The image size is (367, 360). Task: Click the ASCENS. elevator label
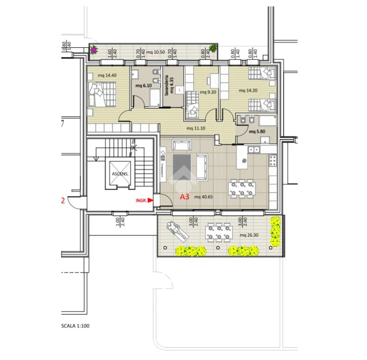tap(120, 174)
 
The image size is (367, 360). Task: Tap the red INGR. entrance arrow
tap(150, 200)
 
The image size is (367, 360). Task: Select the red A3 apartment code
tap(184, 197)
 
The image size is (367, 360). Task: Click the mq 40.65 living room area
tap(204, 197)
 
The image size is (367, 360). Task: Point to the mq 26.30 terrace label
tap(249, 235)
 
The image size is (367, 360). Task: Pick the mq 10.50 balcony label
tap(156, 52)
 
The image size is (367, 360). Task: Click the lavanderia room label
tap(167, 85)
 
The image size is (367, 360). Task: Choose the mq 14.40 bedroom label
tap(107, 75)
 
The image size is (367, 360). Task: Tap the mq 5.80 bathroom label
tap(257, 132)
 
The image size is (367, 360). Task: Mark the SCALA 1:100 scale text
tap(75, 326)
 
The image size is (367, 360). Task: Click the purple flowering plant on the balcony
tap(94, 50)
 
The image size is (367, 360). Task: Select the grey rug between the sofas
tap(182, 167)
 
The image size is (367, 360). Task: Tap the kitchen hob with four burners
tap(273, 160)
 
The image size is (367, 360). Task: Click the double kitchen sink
tap(254, 149)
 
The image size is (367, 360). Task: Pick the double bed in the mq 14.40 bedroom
tap(102, 94)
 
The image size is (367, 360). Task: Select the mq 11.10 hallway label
tap(196, 128)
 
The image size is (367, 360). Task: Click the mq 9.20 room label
tap(208, 92)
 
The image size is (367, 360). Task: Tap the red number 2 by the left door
tap(63, 201)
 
